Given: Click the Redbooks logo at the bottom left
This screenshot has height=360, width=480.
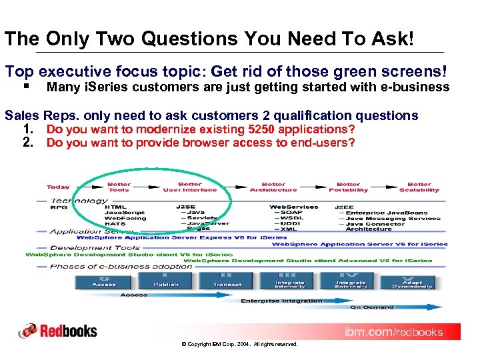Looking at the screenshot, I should click(58, 331).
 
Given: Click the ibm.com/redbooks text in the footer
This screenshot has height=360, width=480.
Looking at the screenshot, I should click(393, 332).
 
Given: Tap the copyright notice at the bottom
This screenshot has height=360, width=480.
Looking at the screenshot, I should click(239, 344).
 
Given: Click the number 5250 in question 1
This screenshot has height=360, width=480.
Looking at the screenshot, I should click(244, 129).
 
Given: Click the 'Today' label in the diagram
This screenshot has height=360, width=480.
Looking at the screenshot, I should click(58, 187).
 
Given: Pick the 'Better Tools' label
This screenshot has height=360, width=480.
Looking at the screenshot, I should click(119, 187).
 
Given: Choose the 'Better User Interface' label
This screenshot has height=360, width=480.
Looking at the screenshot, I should click(190, 187).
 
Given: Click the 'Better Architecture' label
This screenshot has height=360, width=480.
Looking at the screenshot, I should click(273, 187).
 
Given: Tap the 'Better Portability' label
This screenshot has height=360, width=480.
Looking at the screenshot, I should click(348, 187).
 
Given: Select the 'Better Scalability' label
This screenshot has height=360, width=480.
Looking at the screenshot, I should click(419, 187).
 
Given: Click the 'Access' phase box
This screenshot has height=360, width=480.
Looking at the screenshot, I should click(105, 280).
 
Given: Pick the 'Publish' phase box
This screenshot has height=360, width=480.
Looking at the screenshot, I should click(166, 280).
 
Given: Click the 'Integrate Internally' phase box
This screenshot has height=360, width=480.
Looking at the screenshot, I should click(290, 280).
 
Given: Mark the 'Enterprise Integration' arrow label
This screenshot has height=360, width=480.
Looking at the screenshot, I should click(281, 301).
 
